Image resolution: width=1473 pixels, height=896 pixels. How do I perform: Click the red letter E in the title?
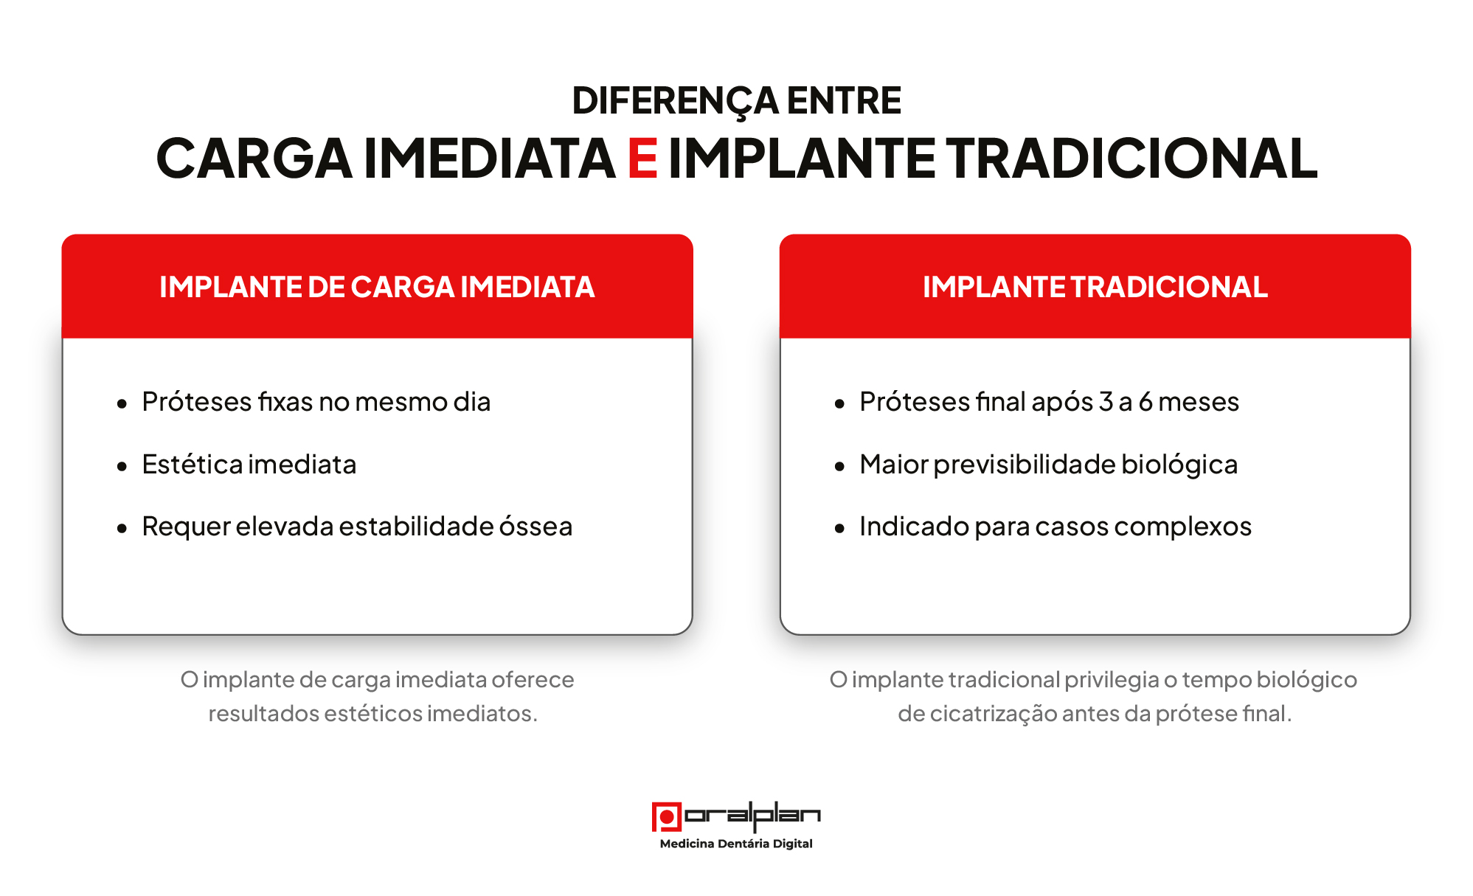pyautogui.click(x=642, y=159)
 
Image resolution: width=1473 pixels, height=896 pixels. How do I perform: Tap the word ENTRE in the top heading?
pyautogui.click(x=844, y=100)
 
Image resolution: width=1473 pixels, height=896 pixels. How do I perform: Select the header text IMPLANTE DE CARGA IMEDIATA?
pyautogui.click(x=377, y=287)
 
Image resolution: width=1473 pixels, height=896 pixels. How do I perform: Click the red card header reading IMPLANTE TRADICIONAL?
pyautogui.click(x=1095, y=286)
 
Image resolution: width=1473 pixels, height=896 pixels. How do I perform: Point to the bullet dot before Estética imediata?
pyautogui.click(x=122, y=466)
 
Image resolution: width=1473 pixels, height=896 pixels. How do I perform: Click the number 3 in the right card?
pyautogui.click(x=1106, y=402)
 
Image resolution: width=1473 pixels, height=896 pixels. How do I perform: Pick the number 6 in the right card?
pyautogui.click(x=1146, y=402)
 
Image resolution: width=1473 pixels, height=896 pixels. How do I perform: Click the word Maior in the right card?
pyautogui.click(x=894, y=465)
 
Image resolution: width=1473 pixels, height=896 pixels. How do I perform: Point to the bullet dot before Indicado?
pyautogui.click(x=839, y=528)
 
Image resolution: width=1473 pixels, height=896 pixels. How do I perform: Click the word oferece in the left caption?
pyautogui.click(x=533, y=679)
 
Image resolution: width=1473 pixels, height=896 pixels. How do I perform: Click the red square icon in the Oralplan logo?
pyautogui.click(x=667, y=817)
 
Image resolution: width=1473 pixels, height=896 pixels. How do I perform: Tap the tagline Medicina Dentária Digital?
pyautogui.click(x=736, y=844)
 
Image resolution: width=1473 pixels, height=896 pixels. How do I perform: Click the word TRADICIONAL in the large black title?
pyautogui.click(x=1131, y=159)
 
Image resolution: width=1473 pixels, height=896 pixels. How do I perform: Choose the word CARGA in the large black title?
pyautogui.click(x=254, y=159)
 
